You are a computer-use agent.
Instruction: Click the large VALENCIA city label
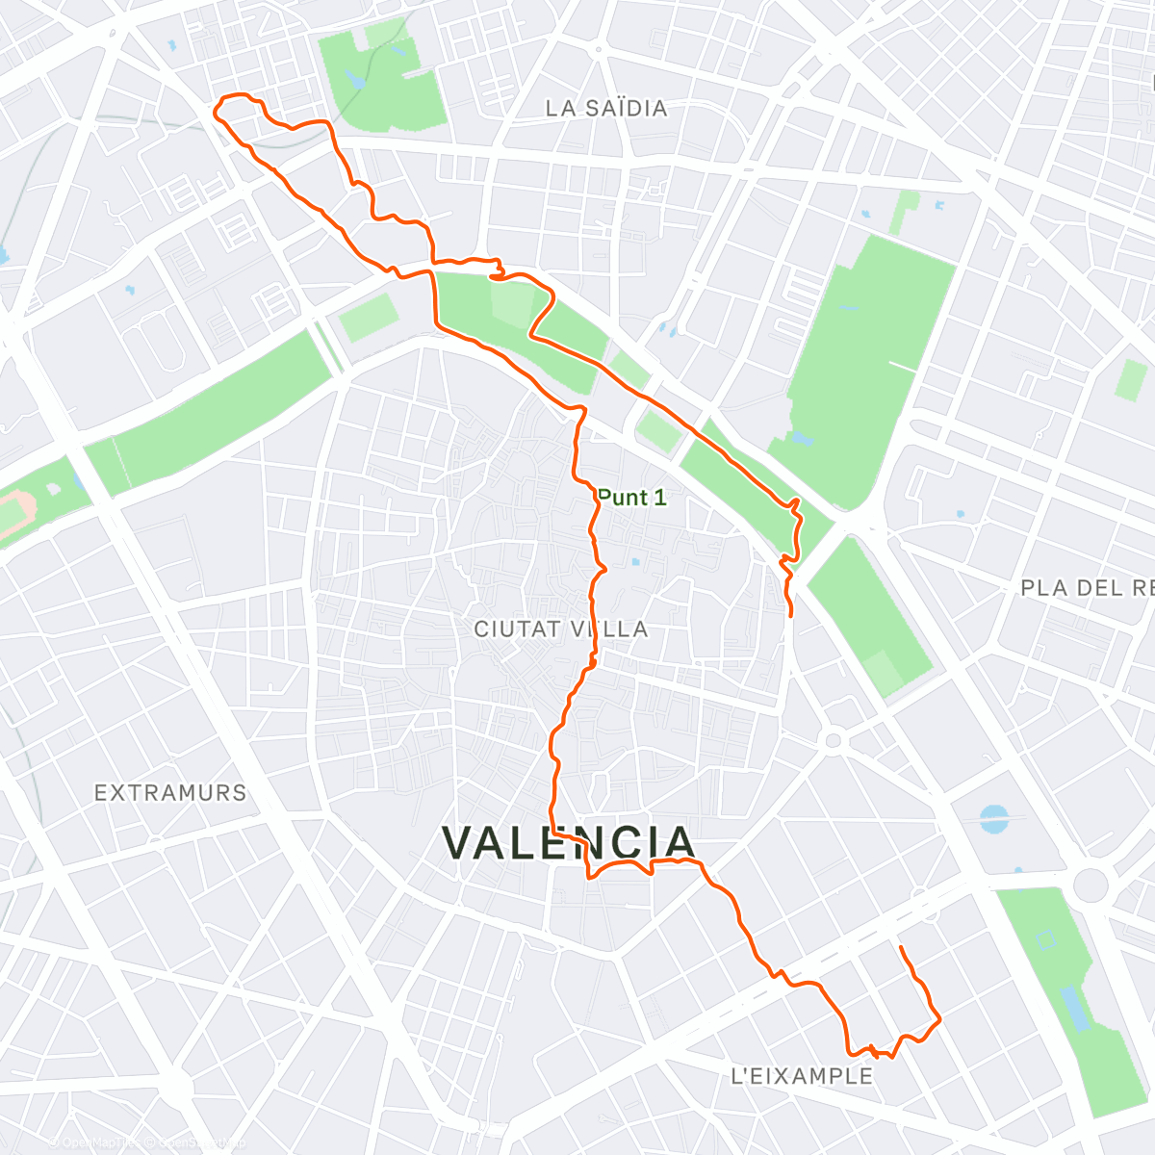click(569, 842)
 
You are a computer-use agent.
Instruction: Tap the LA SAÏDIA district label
click(606, 108)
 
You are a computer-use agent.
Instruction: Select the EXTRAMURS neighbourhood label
click(170, 793)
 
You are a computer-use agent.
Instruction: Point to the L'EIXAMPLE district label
click(802, 1076)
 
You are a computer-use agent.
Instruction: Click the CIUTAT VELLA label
click(561, 629)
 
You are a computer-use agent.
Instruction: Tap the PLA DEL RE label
click(1087, 587)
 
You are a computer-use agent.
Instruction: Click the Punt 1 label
click(631, 498)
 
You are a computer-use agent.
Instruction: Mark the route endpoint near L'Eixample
click(900, 948)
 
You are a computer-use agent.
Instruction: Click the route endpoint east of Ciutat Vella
click(791, 615)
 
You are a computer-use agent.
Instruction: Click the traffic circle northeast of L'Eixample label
click(834, 740)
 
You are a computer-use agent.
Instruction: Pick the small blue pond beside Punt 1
click(635, 562)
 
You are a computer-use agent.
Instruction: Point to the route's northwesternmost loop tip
click(216, 109)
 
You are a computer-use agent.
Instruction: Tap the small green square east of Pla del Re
click(1131, 380)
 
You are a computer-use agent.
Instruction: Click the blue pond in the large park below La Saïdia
click(801, 440)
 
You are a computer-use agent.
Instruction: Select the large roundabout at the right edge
click(1091, 884)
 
